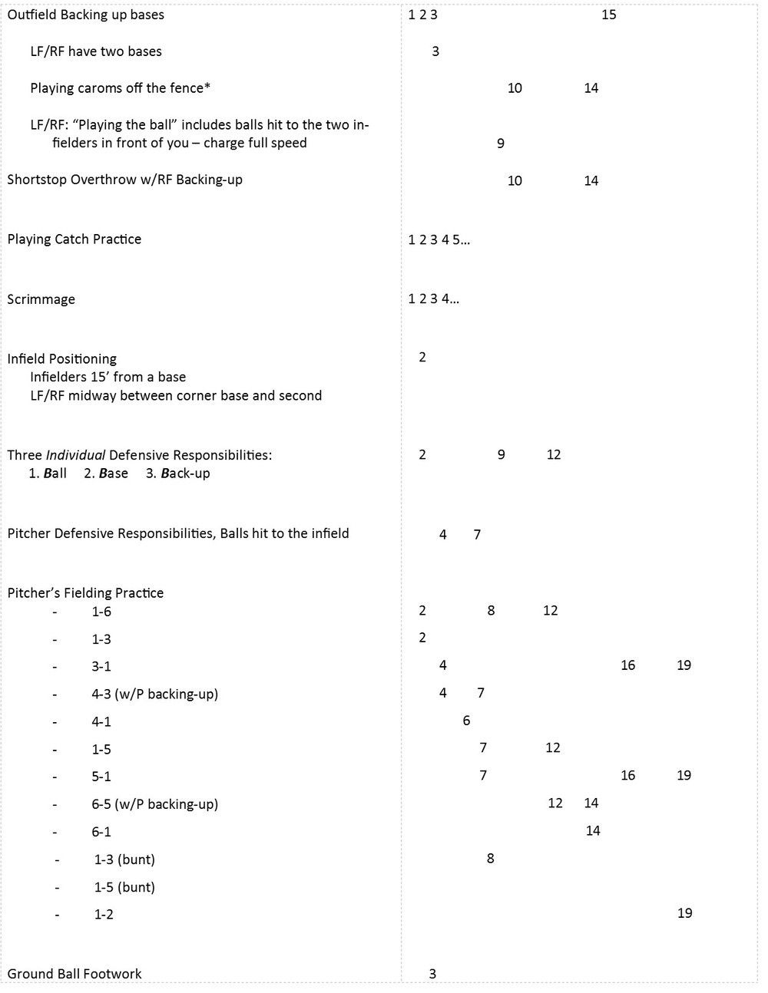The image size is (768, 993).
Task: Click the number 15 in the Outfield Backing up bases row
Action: (x=608, y=15)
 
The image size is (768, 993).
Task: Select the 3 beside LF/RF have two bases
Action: (x=435, y=51)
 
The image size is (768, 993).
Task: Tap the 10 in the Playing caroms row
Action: (x=515, y=88)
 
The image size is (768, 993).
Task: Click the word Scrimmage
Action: (x=41, y=299)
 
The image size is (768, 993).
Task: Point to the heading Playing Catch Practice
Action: (x=74, y=239)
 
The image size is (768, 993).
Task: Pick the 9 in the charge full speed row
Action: (x=501, y=144)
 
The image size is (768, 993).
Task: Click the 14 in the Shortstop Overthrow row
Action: (x=591, y=181)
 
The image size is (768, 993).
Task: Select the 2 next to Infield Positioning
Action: (x=422, y=357)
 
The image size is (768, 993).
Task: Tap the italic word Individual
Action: (x=75, y=455)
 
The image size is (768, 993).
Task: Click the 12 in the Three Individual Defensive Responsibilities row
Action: (x=554, y=454)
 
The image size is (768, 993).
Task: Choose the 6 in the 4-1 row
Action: (x=466, y=721)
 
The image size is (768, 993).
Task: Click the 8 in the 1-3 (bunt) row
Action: (x=491, y=858)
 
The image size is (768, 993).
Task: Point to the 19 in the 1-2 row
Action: (x=684, y=913)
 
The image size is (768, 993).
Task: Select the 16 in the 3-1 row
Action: (x=627, y=665)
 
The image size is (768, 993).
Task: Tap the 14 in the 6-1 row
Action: (x=593, y=830)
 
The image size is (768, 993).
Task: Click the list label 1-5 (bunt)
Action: (x=124, y=887)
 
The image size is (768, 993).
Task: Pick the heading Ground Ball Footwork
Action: (x=74, y=974)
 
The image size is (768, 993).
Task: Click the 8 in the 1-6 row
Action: (x=491, y=611)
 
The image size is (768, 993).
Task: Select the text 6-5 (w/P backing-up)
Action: (x=154, y=804)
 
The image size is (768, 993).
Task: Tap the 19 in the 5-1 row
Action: (x=684, y=775)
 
